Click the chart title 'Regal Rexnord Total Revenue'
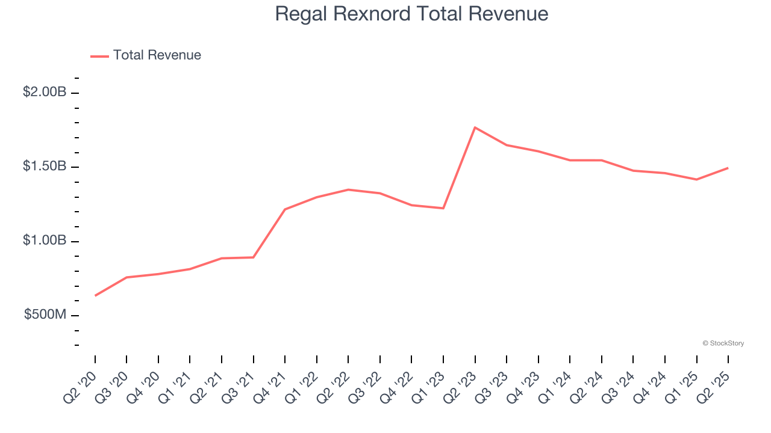(411, 14)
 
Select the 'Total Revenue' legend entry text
(157, 55)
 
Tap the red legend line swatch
(99, 56)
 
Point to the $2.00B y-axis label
(44, 93)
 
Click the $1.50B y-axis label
(44, 167)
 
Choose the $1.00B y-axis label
(44, 241)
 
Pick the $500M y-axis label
(45, 315)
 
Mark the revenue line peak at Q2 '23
(475, 127)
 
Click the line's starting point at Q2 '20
(95, 295)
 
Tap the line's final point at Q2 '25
(728, 168)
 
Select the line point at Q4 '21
(285, 209)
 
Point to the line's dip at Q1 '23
(443, 208)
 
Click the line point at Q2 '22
(348, 189)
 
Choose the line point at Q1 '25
(696, 179)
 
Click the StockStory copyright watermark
(723, 343)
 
